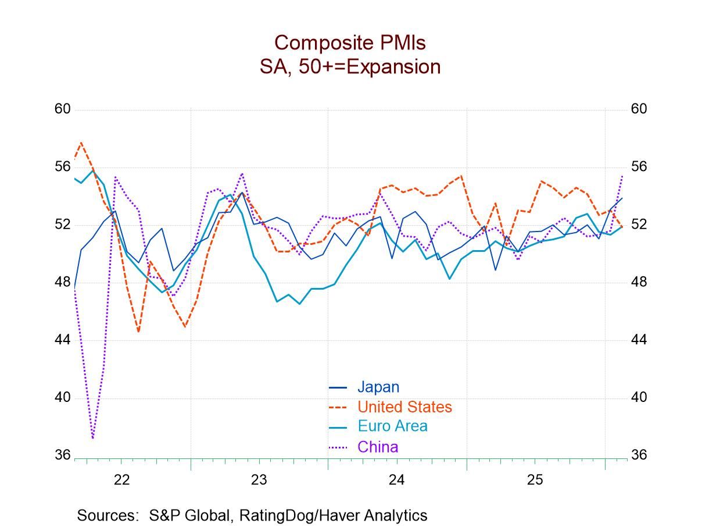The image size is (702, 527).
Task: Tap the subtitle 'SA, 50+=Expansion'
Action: (350, 67)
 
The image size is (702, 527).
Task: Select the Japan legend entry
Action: (378, 387)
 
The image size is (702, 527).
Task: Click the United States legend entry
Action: (404, 407)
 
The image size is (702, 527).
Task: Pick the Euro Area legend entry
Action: (392, 426)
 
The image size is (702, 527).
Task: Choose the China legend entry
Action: (378, 447)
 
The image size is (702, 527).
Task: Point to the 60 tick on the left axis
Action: (63, 109)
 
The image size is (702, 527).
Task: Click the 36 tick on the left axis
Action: (63, 455)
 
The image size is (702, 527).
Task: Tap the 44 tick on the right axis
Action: (639, 340)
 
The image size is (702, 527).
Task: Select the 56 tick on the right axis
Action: (639, 167)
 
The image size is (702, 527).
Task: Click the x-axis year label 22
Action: (121, 480)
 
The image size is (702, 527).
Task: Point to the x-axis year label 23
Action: (259, 480)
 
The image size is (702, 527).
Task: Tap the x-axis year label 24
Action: (397, 480)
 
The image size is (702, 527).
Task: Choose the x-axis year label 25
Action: (535, 480)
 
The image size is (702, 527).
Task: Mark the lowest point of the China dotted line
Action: (93, 438)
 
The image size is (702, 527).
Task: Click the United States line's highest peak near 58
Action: (81, 142)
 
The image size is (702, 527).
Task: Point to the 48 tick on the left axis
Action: (63, 282)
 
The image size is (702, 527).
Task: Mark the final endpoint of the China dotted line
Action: (622, 175)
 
